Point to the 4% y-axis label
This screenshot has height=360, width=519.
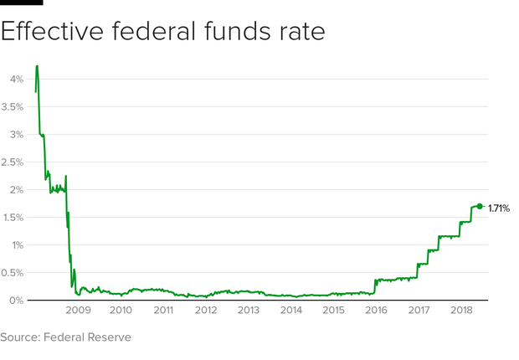[15, 79]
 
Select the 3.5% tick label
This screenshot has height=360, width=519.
[13, 106]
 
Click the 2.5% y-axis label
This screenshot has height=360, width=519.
[13, 162]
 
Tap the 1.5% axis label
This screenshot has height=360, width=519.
[13, 217]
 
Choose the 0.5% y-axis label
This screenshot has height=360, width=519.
[13, 272]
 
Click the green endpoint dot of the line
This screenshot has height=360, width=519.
[480, 206]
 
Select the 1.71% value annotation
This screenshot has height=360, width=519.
[499, 207]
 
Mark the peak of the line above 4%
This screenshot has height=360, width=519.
[37, 66]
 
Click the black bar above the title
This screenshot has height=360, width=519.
[21, 3]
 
